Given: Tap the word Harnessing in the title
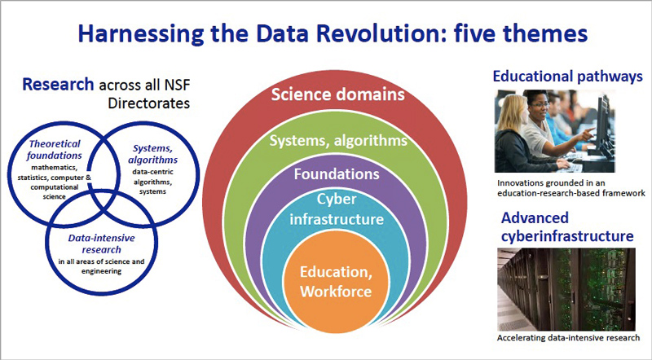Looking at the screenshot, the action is [140, 34].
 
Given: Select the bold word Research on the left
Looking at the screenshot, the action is [58, 85].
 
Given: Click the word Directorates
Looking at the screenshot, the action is [149, 103].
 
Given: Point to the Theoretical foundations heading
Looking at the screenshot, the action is [55, 150].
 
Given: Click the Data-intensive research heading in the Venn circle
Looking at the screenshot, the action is [101, 244].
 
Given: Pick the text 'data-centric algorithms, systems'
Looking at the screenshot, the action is [152, 182].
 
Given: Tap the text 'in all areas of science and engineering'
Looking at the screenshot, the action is [101, 266].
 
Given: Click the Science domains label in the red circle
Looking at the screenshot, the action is [337, 94].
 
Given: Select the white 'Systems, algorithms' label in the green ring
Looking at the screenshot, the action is [338, 141].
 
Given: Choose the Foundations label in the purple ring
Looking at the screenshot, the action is [337, 173].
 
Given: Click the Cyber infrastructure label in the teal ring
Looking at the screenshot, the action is [337, 209].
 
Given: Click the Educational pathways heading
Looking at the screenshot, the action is [567, 77].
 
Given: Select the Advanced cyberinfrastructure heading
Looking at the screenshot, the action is [567, 227].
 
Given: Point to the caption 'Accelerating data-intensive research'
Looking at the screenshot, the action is [568, 337].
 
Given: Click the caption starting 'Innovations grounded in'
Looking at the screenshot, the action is [571, 188].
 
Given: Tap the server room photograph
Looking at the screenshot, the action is [566, 289].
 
